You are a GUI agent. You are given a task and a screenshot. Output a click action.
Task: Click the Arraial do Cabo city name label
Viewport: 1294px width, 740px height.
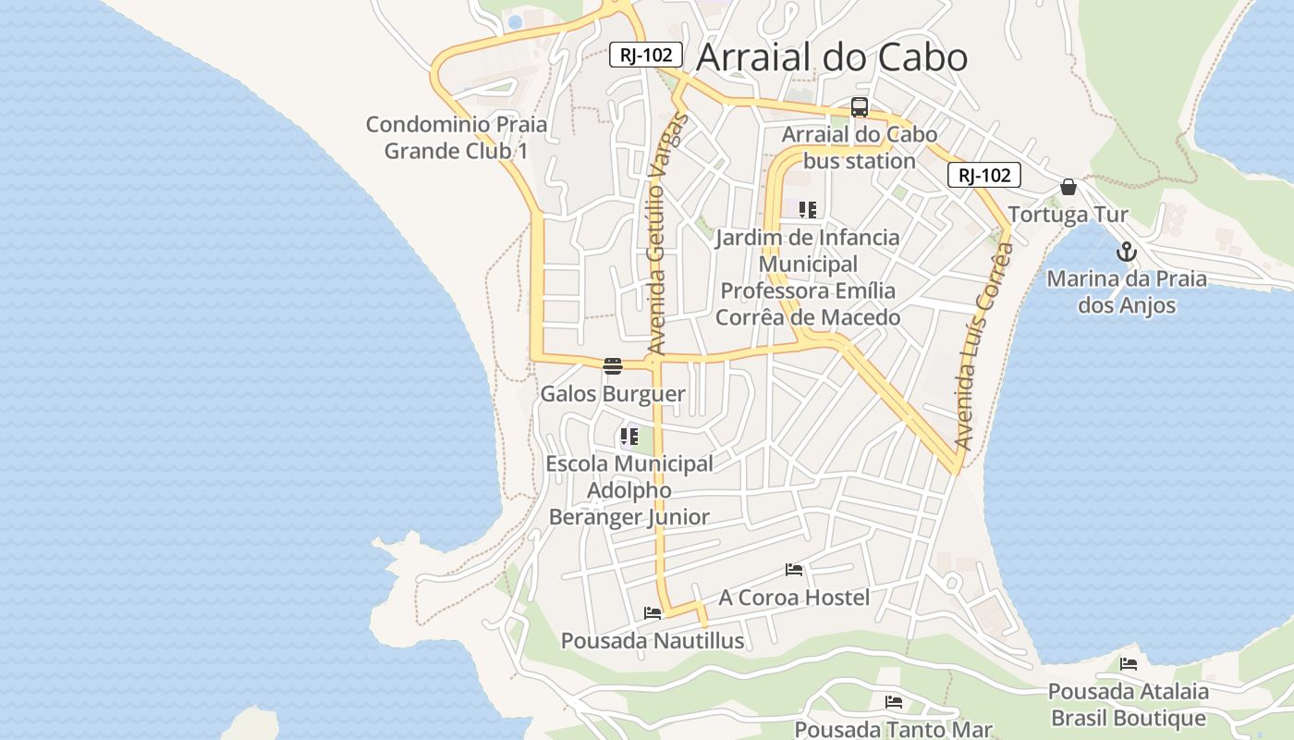(831, 57)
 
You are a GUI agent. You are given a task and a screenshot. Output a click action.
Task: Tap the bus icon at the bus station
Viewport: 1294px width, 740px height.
(860, 107)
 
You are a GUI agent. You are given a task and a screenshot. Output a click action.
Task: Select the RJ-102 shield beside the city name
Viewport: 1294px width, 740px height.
(646, 55)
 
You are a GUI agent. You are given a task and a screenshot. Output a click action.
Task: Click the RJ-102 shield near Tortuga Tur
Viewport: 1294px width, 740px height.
(984, 175)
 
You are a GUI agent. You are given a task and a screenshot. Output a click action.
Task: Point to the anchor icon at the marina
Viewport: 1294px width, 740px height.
(1126, 252)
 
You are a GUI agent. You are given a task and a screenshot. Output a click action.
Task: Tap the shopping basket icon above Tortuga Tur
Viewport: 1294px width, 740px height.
(1068, 187)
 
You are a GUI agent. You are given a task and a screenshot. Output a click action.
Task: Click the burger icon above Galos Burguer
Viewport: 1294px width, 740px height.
(613, 365)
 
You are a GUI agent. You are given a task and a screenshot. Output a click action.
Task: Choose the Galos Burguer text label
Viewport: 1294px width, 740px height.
(613, 394)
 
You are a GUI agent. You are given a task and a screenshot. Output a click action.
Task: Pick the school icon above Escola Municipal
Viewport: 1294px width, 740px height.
(629, 436)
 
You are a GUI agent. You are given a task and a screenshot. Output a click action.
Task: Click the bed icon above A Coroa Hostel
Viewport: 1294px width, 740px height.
(794, 570)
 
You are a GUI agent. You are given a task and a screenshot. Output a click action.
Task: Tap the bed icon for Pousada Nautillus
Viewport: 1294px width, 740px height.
(653, 613)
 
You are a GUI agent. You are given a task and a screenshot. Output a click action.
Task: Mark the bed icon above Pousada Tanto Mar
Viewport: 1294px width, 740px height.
(893, 702)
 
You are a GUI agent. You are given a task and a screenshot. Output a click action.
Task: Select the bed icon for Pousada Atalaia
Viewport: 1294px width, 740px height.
(1128, 664)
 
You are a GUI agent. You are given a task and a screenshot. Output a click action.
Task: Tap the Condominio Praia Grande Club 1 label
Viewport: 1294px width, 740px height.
(457, 137)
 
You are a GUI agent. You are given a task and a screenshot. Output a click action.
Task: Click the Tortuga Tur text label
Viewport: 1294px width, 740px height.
(1068, 215)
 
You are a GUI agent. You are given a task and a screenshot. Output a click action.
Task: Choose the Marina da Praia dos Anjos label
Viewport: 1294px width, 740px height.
(1127, 291)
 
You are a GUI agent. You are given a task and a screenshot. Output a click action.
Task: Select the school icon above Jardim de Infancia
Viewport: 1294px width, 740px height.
(808, 210)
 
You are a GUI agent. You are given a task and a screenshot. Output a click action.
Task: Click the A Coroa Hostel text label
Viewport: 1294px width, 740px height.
(794, 598)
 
